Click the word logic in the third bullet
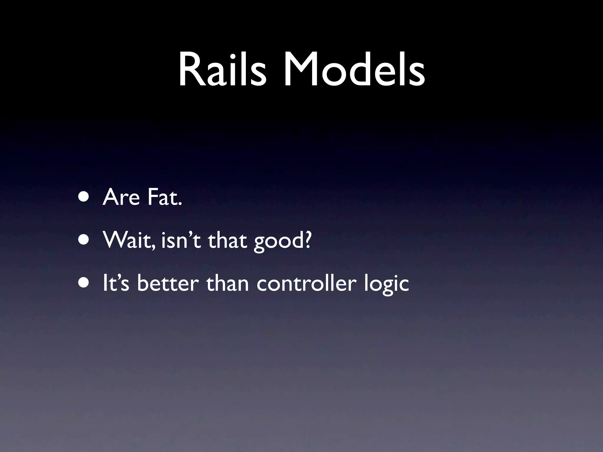(386, 285)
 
